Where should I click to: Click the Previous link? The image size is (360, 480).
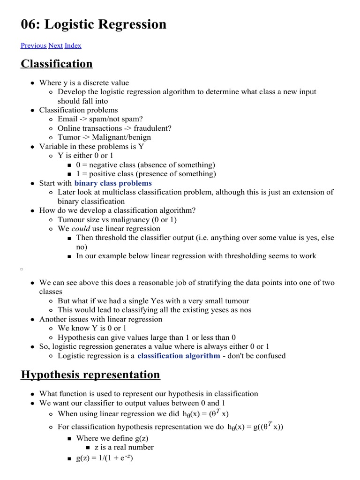(x=33, y=45)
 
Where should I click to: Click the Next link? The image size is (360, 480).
(x=55, y=45)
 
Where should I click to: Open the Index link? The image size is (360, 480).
(x=73, y=45)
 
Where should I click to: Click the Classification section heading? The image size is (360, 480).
(x=56, y=64)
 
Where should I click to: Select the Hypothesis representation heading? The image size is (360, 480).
(x=90, y=375)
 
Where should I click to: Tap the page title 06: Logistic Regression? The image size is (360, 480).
(x=93, y=24)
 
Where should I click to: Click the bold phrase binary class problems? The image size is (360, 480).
(x=113, y=183)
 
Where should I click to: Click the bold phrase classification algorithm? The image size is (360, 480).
(x=179, y=356)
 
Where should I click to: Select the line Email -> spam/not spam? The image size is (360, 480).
(x=100, y=119)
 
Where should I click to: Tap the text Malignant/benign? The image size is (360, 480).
(x=118, y=137)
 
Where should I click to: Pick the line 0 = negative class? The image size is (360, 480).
(x=145, y=165)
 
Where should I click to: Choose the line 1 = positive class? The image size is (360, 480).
(x=146, y=174)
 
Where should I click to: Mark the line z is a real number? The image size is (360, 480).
(x=124, y=447)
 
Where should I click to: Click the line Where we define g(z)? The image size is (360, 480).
(x=112, y=438)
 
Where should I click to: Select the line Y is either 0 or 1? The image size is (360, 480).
(x=86, y=156)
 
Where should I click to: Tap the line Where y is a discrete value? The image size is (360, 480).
(x=84, y=82)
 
